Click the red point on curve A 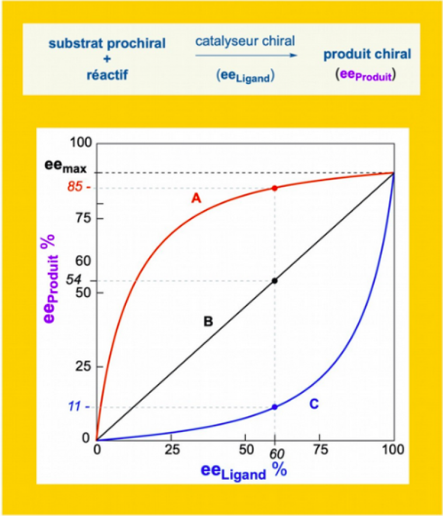(x=275, y=188)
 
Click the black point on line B (x=275, y=281)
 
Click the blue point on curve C (x=275, y=407)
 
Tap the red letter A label (x=196, y=199)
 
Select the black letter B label (x=208, y=321)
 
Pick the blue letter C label (x=314, y=404)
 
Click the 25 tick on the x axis (x=171, y=450)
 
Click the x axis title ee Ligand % (x=244, y=470)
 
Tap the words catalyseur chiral (x=245, y=41)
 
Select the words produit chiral (x=367, y=55)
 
